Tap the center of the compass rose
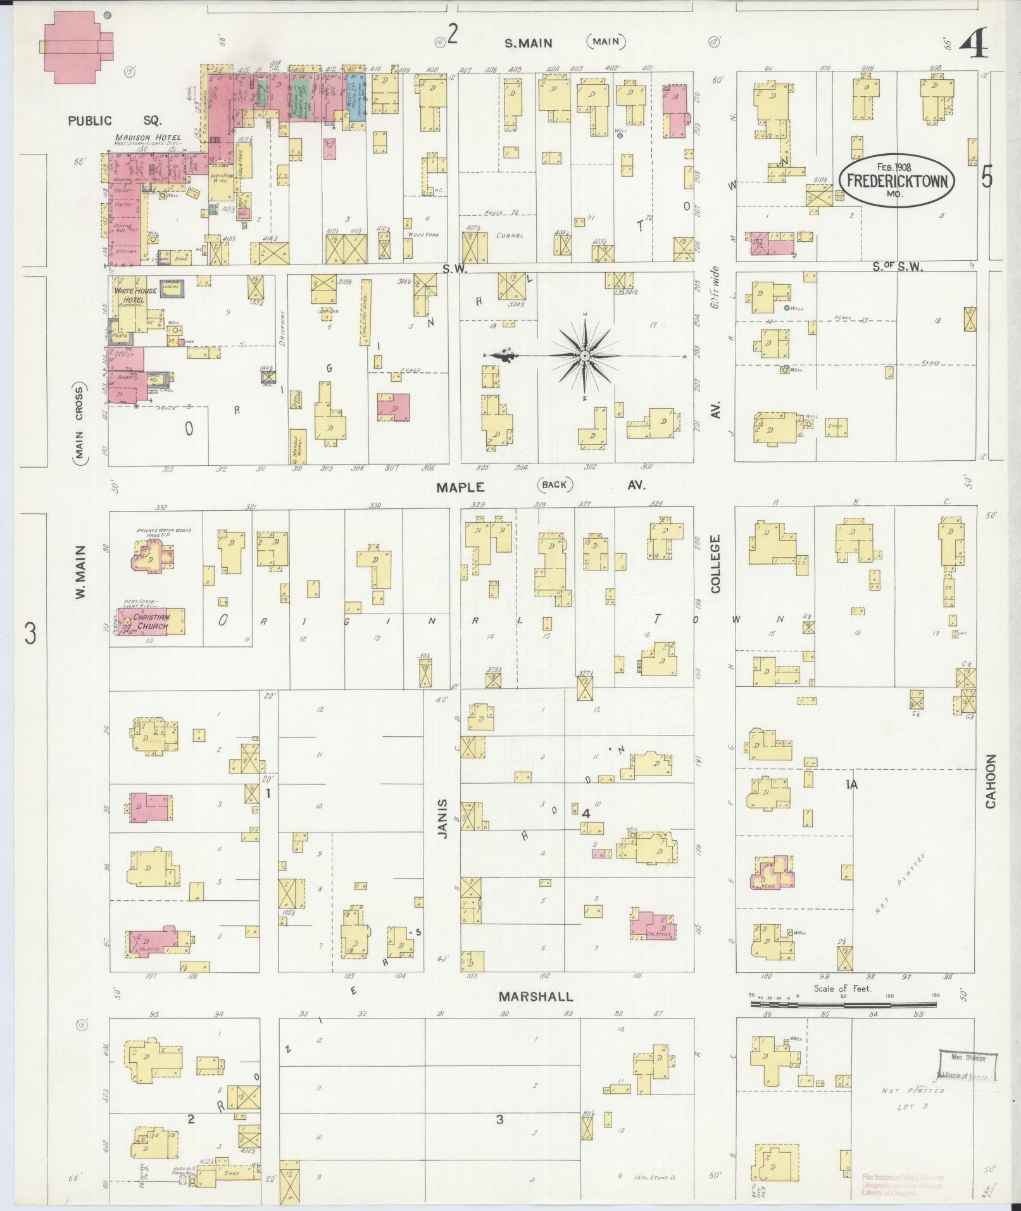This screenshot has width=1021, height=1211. [585, 356]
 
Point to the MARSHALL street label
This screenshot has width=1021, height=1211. [536, 996]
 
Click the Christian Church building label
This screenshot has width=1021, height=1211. [151, 622]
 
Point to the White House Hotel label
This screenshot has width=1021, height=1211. [130, 295]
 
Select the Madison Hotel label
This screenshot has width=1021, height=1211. [148, 137]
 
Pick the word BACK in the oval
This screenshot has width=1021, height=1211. [555, 485]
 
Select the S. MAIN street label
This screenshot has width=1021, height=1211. [528, 43]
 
